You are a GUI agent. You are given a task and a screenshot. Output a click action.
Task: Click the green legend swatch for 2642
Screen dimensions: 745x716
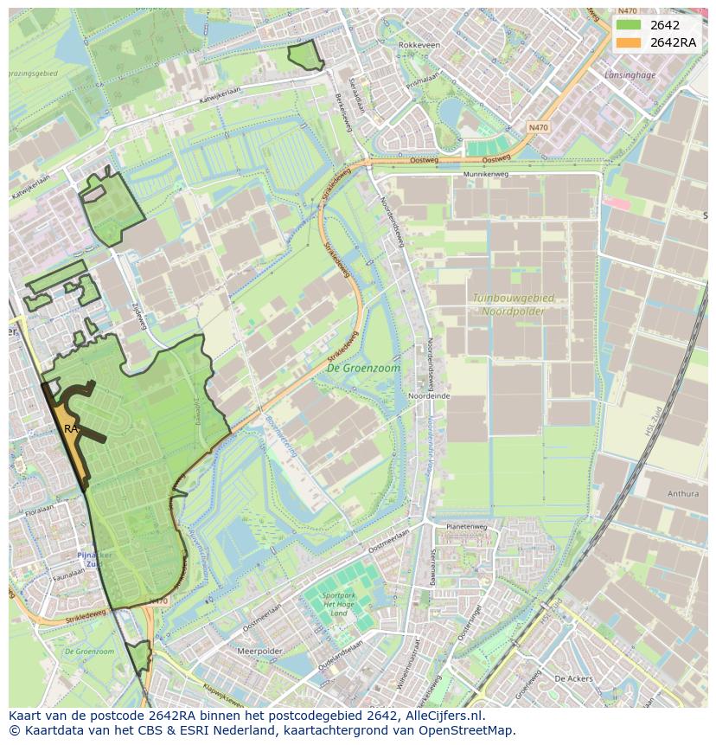(x=629, y=25)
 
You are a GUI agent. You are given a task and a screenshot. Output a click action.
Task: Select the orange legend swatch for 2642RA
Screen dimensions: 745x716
(x=629, y=42)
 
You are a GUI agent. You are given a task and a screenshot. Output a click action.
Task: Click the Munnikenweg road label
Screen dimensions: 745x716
(x=487, y=174)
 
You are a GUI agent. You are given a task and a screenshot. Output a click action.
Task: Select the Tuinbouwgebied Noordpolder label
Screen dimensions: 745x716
(x=513, y=304)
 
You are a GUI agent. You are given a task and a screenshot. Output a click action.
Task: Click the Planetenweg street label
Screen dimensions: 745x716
(x=467, y=526)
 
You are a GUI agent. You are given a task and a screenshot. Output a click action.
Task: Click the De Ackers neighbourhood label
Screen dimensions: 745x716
(x=572, y=678)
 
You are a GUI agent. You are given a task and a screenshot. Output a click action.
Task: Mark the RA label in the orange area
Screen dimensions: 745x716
(x=71, y=428)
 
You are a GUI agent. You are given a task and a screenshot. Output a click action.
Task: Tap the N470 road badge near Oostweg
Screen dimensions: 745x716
(x=538, y=127)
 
